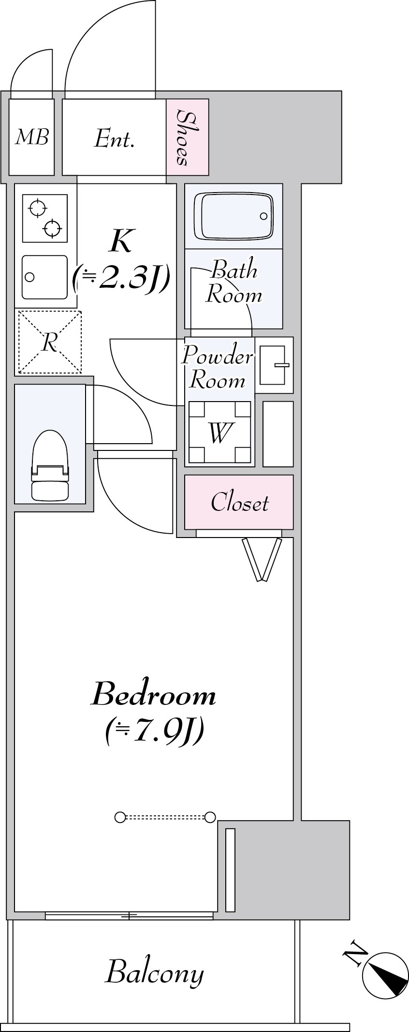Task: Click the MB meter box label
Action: [32, 138]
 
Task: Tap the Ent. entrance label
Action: [114, 139]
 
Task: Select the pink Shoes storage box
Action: [188, 137]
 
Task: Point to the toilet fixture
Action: [49, 465]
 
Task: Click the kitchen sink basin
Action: [44, 277]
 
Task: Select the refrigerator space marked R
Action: [50, 342]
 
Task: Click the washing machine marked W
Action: [219, 433]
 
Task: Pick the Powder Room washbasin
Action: [274, 365]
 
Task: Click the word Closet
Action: [240, 503]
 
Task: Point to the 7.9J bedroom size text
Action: [154, 733]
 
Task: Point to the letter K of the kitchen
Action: [120, 241]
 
